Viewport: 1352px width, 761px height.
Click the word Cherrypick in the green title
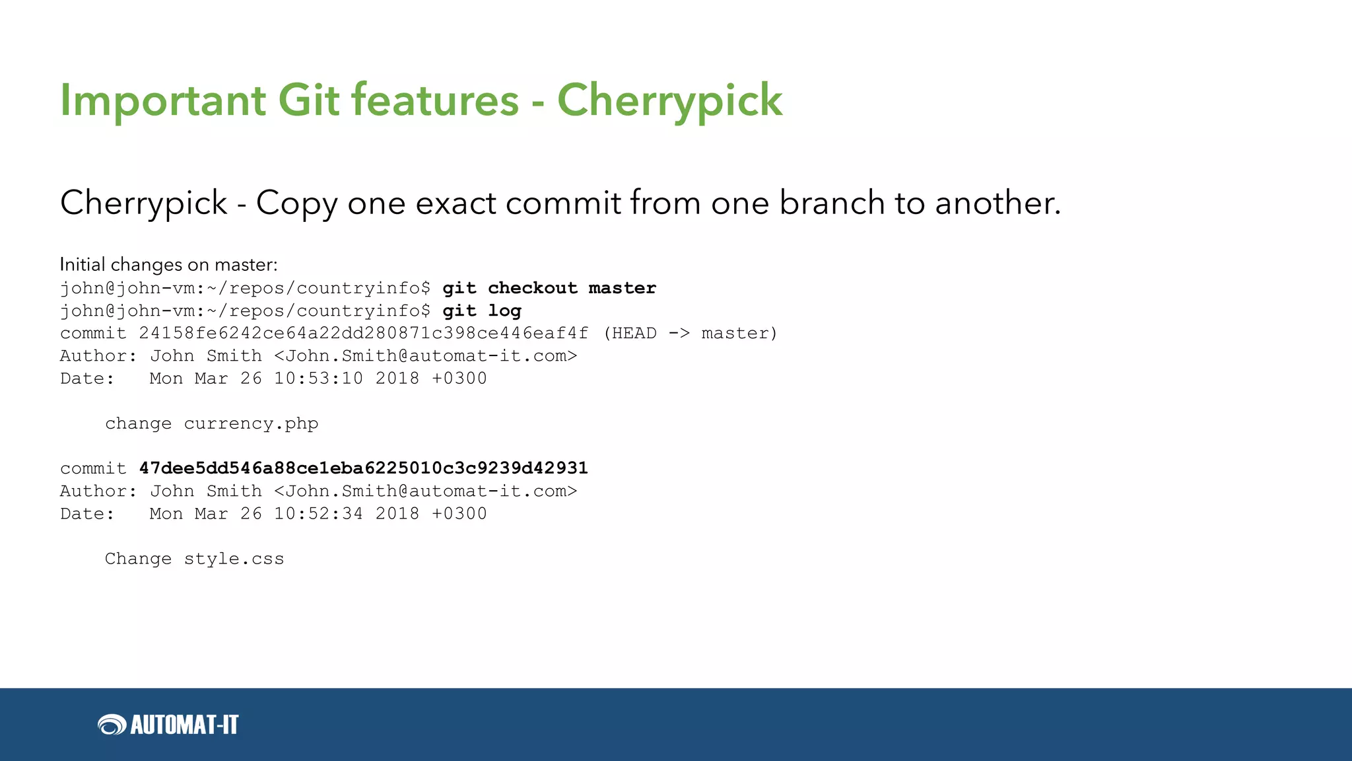pos(669,100)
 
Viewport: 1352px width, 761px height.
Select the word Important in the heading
pos(162,100)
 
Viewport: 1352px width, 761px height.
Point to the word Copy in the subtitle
pos(296,203)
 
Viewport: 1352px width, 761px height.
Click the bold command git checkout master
pos(549,288)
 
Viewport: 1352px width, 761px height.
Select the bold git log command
pos(482,310)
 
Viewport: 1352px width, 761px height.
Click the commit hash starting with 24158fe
pos(363,333)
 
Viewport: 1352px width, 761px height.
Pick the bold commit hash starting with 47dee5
pos(363,468)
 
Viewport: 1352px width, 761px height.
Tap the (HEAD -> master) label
pos(691,333)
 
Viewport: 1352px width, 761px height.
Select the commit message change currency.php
pos(211,423)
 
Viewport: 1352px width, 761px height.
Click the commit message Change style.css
pos(194,559)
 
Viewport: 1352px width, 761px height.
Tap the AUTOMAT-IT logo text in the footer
pos(184,725)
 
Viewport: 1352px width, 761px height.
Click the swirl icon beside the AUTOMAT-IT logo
pos(112,725)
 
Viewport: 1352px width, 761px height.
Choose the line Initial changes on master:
pos(168,265)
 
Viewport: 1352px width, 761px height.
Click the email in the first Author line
pos(426,356)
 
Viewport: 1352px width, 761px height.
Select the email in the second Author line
pos(426,491)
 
